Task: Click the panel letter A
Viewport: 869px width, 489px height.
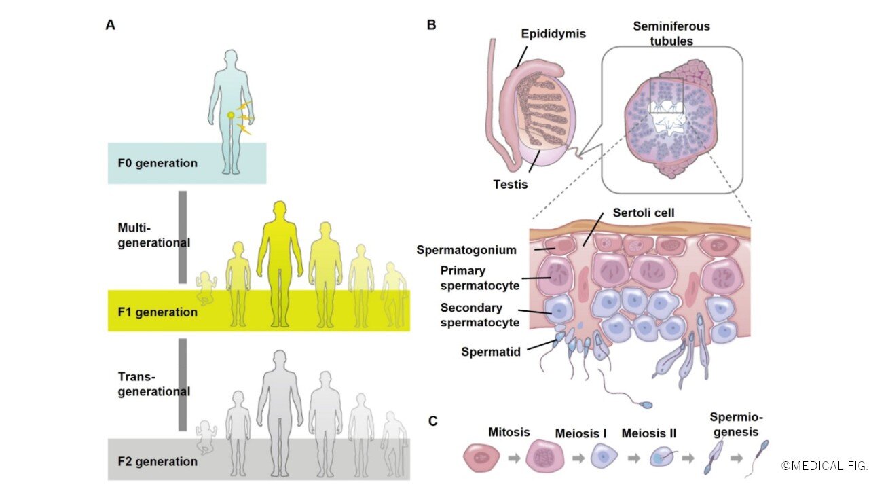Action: (x=110, y=25)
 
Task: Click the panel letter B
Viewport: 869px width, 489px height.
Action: (x=431, y=25)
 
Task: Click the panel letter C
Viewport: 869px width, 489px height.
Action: (x=432, y=421)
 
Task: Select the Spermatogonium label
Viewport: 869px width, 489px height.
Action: (x=466, y=249)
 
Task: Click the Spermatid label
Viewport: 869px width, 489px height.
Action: (x=489, y=351)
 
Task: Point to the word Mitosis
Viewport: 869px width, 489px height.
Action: (x=509, y=431)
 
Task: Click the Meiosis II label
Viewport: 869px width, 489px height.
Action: (x=648, y=433)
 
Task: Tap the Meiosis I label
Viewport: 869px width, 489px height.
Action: (x=581, y=433)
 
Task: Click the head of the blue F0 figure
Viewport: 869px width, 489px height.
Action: (x=232, y=58)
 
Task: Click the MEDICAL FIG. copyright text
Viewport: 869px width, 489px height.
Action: (x=824, y=466)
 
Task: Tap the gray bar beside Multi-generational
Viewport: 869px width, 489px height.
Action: (x=182, y=236)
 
